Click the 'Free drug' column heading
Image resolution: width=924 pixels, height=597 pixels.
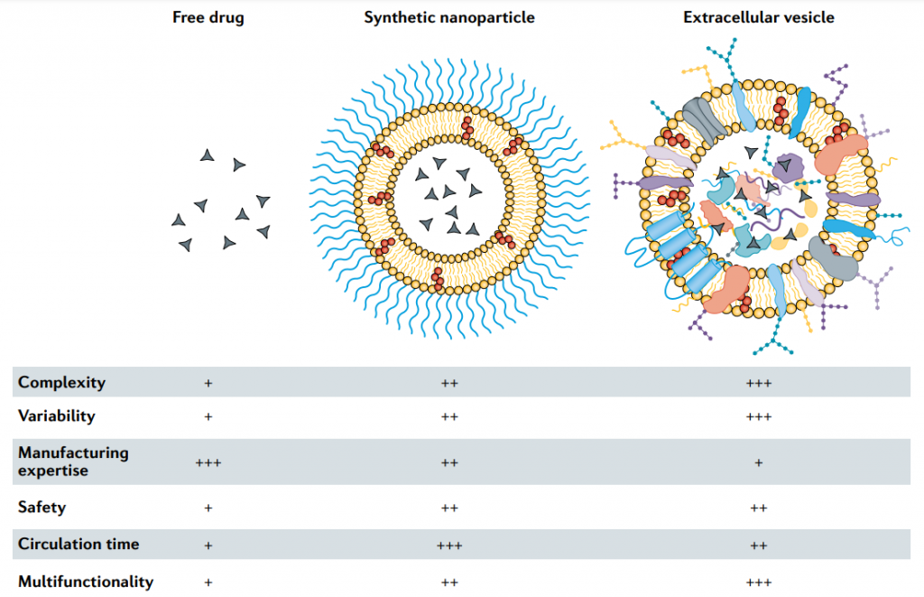pyautogui.click(x=208, y=17)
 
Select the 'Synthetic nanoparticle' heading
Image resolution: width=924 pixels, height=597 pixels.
pyautogui.click(x=449, y=17)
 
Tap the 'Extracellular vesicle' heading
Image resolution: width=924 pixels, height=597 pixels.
pyautogui.click(x=758, y=17)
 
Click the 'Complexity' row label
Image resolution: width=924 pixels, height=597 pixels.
pyautogui.click(x=61, y=382)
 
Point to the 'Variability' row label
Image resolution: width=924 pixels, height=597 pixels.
pyautogui.click(x=56, y=416)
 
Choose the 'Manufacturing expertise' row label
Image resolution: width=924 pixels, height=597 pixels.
pyautogui.click(x=73, y=461)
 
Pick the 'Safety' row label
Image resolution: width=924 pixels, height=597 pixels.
pyautogui.click(x=42, y=507)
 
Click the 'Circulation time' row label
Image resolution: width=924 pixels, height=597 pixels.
pyautogui.click(x=79, y=545)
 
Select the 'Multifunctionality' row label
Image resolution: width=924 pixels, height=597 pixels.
pyautogui.click(x=86, y=582)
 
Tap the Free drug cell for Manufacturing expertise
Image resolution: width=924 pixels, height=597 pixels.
pyautogui.click(x=208, y=462)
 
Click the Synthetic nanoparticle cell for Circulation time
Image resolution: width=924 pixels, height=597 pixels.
pyautogui.click(x=449, y=546)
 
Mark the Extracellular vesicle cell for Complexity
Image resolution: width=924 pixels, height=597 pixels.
pyautogui.click(x=759, y=383)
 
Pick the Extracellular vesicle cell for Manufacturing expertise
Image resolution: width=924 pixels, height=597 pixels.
pyautogui.click(x=759, y=462)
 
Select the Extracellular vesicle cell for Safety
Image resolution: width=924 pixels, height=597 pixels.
pyautogui.click(x=759, y=508)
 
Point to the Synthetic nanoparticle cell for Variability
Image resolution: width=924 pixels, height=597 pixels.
pyautogui.click(x=449, y=417)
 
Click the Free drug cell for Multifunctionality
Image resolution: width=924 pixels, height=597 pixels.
pyautogui.click(x=208, y=583)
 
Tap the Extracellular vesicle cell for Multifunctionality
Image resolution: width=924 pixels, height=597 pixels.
pyautogui.click(x=759, y=583)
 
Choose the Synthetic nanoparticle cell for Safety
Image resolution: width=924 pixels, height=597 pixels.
pyautogui.click(x=449, y=508)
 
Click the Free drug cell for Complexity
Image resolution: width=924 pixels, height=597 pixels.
pyautogui.click(x=208, y=383)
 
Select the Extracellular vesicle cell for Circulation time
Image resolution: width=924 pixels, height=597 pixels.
pyautogui.click(x=759, y=546)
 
